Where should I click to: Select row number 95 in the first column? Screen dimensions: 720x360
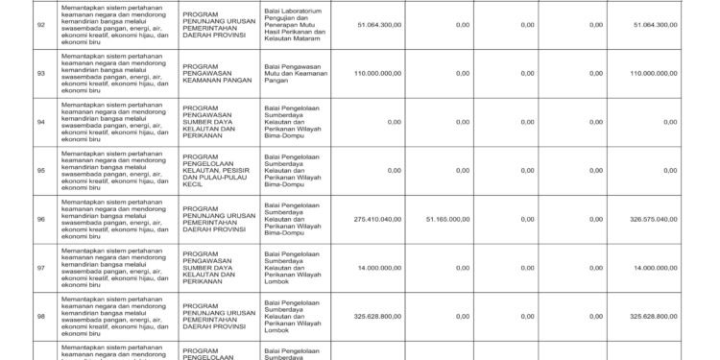[39, 171]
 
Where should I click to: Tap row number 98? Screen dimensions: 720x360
[39, 315]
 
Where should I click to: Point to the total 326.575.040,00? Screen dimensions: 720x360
[656, 220]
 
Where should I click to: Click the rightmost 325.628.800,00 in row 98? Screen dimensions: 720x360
[656, 315]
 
